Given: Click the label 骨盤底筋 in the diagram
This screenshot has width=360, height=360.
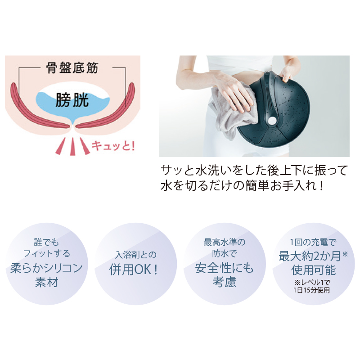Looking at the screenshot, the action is click(x=72, y=68).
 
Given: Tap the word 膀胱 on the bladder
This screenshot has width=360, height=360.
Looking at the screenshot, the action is click(x=72, y=100).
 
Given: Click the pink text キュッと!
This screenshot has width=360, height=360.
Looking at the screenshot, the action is click(x=113, y=145).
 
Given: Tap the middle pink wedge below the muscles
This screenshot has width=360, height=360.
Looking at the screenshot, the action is click(x=72, y=147).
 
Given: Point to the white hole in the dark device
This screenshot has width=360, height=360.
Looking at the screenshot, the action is click(x=273, y=120).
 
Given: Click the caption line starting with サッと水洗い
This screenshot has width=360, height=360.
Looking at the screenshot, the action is click(x=254, y=171).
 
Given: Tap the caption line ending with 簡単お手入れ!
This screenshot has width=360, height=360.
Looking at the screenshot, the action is click(x=243, y=185).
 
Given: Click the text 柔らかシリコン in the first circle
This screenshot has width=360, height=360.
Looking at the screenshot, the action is click(x=46, y=268).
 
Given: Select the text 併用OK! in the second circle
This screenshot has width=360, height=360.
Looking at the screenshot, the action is click(x=134, y=269).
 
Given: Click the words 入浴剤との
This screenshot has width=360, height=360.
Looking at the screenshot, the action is click(x=136, y=255).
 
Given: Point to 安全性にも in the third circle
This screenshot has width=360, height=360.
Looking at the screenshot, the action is click(x=224, y=268).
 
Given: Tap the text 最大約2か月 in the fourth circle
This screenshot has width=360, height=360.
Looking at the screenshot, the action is click(x=310, y=256).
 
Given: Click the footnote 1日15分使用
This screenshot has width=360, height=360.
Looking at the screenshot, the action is click(x=311, y=290).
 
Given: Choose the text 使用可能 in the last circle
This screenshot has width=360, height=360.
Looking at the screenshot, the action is click(x=313, y=270).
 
